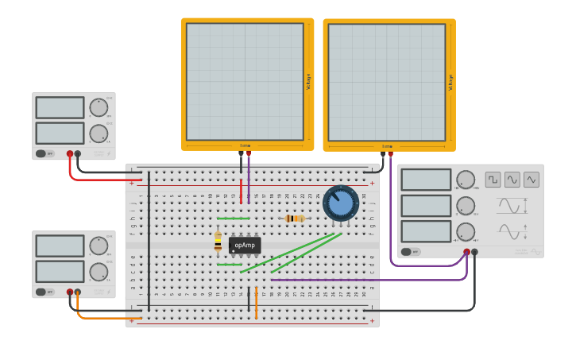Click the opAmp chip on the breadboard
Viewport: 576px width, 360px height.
click(245, 246)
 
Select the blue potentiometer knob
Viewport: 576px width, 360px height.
click(341, 203)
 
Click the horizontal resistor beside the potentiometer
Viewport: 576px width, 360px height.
click(295, 219)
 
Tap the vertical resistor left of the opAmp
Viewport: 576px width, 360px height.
click(218, 242)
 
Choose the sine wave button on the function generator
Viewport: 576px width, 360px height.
click(512, 180)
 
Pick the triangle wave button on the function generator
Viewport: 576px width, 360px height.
click(532, 180)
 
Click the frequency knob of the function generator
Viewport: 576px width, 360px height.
click(466, 180)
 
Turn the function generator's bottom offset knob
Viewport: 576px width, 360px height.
click(466, 232)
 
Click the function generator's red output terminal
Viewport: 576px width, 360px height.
click(466, 252)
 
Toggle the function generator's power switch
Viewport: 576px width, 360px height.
click(407, 252)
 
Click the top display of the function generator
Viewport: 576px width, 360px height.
click(426, 180)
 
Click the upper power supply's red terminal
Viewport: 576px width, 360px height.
click(70, 153)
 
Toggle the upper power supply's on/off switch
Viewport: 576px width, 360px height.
click(41, 153)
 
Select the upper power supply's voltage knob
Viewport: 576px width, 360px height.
click(99, 108)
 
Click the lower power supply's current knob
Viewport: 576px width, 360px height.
click(99, 272)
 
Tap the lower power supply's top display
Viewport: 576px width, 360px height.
click(60, 246)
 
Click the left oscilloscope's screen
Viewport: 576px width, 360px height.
click(245, 81)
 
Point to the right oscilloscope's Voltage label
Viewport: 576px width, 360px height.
click(451, 82)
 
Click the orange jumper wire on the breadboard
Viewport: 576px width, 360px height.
click(256, 307)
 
